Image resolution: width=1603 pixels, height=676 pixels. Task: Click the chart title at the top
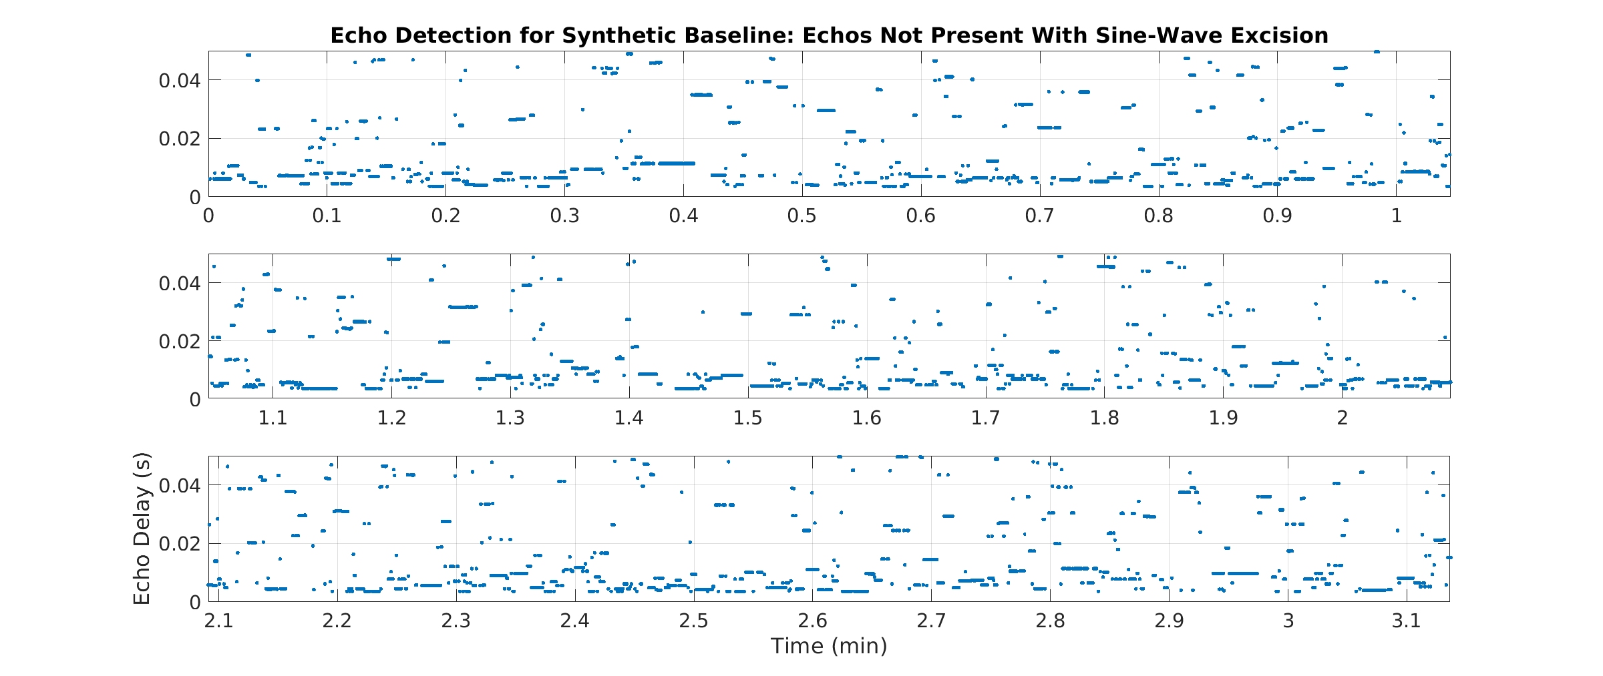pos(829,35)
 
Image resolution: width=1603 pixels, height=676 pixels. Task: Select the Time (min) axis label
pos(829,646)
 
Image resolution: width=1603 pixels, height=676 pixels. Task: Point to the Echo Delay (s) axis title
pos(142,529)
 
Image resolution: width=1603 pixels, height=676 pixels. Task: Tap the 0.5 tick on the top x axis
pos(801,216)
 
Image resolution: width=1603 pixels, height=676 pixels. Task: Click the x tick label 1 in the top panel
pos(1396,216)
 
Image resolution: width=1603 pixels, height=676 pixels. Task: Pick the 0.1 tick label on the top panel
pos(327,216)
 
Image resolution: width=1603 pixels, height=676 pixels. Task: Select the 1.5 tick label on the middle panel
pos(748,418)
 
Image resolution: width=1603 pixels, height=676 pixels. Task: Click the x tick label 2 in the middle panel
pos(1343,418)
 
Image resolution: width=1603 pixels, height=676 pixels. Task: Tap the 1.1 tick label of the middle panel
pos(273,418)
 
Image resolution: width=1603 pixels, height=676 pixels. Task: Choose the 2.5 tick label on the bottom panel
pos(694,621)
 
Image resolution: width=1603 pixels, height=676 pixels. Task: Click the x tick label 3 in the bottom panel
pos(1288,621)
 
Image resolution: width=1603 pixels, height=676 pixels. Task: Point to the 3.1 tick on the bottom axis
pos(1407,621)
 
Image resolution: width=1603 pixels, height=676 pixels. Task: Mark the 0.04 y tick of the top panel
pos(179,81)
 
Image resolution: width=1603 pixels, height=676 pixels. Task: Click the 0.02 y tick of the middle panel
pos(179,342)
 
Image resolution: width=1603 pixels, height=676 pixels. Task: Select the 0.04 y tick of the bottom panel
pos(179,485)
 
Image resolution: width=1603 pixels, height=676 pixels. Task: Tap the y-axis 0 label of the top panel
pos(195,197)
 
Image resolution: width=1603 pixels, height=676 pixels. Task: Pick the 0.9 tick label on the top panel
pos(1277,216)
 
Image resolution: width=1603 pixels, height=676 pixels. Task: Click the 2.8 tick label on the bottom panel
pos(1051,621)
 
